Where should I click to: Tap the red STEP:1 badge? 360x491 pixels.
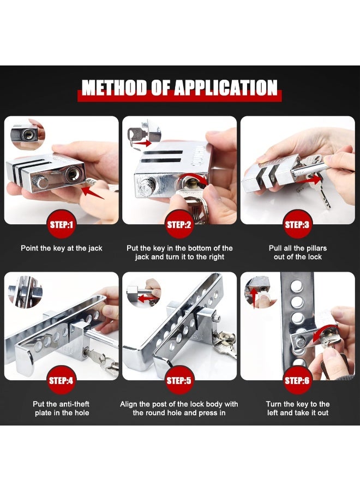click(61, 224)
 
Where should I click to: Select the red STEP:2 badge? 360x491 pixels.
click(179, 224)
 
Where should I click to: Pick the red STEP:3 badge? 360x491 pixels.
click(297, 224)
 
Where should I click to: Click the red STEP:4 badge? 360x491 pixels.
click(61, 380)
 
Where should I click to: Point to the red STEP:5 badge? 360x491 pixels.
click(179, 380)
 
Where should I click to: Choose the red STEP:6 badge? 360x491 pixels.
click(297, 380)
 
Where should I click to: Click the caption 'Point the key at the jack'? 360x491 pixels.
click(62, 248)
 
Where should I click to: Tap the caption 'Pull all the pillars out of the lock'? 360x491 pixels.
click(298, 253)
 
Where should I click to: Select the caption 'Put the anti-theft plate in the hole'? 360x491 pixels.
click(61, 409)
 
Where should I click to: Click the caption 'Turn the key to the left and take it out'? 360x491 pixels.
click(298, 409)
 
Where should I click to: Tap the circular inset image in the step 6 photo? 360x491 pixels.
click(257, 290)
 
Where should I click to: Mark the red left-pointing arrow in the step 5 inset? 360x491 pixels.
click(144, 298)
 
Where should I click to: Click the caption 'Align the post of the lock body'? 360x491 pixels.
click(179, 404)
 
